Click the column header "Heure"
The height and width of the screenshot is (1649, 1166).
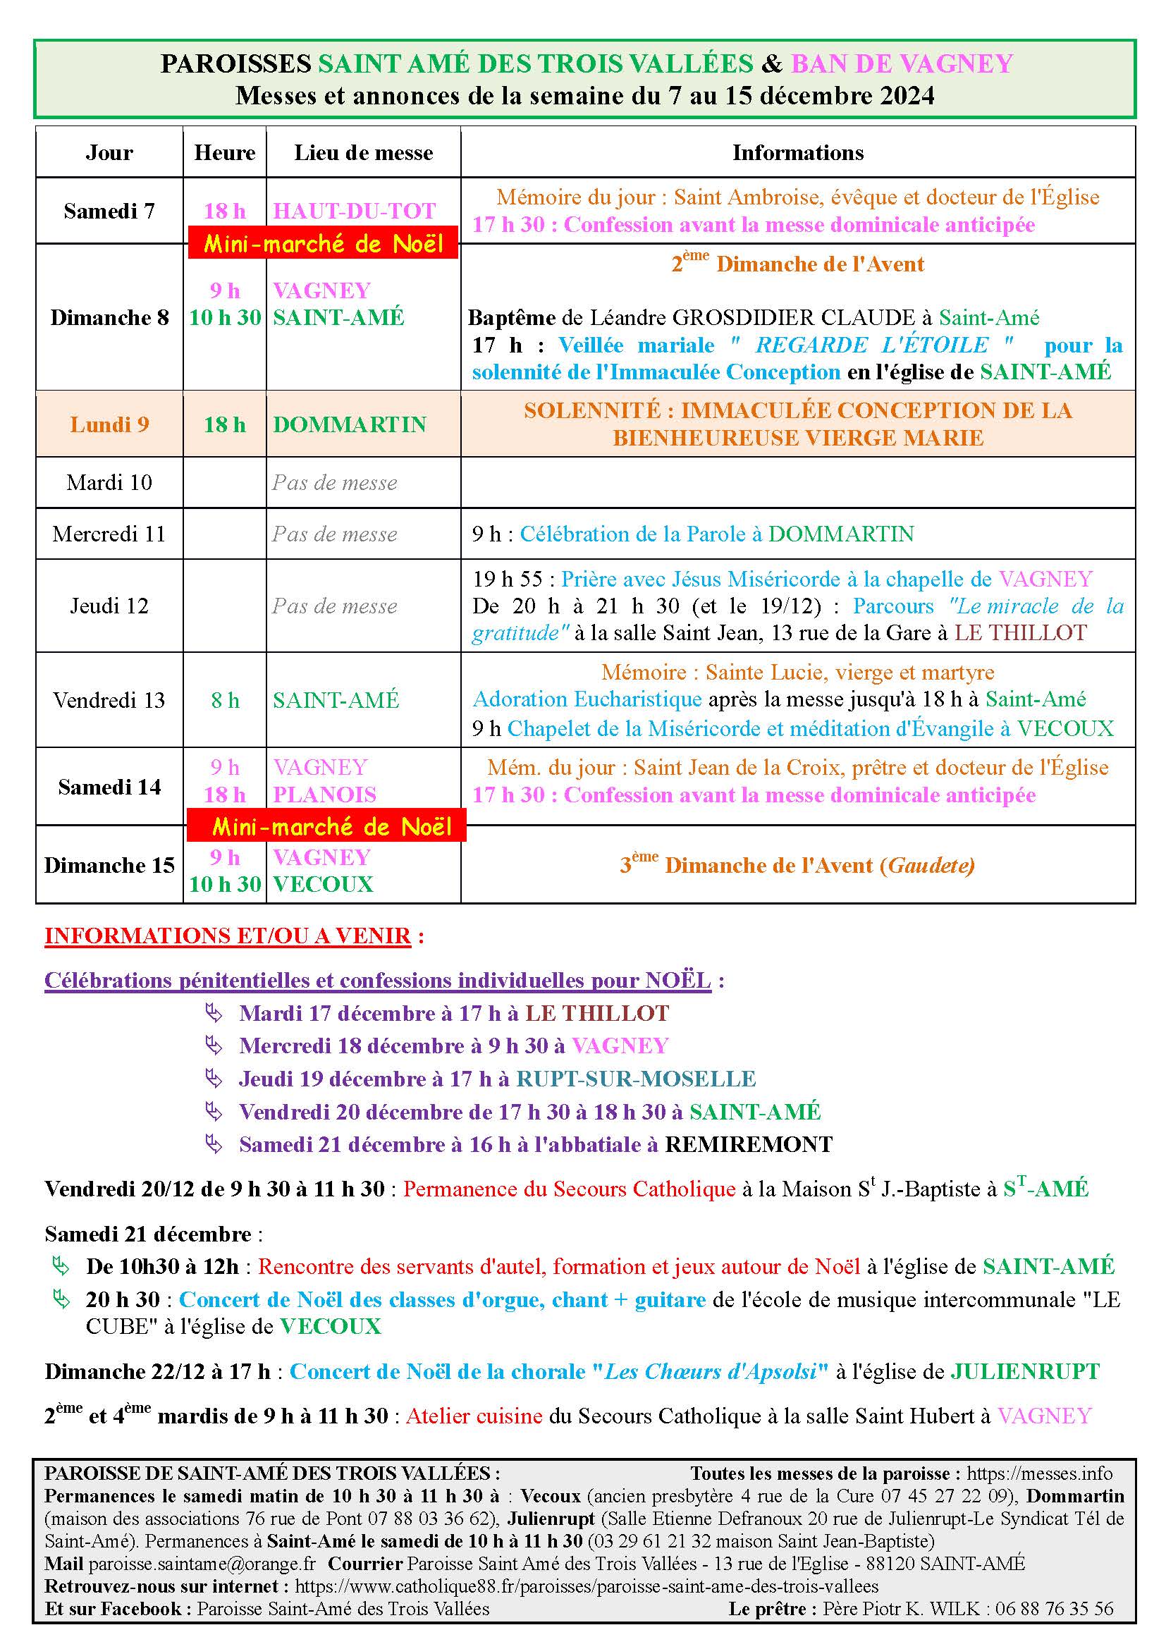click(225, 152)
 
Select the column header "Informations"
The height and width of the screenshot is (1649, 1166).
click(798, 152)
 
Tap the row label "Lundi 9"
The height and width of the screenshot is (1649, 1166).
click(109, 424)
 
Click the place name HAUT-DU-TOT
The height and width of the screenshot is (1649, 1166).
click(354, 212)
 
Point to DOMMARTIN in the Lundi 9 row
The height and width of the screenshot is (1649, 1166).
click(350, 424)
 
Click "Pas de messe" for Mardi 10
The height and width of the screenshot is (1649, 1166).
click(335, 483)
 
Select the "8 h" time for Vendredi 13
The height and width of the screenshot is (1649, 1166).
click(225, 700)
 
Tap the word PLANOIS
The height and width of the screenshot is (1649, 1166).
click(324, 795)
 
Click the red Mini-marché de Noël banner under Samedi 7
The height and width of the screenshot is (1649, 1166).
click(323, 243)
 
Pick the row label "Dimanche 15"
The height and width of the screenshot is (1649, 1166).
click(109, 866)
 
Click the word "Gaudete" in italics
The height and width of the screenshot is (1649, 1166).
click(931, 866)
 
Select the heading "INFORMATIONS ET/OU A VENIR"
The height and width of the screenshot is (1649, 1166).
click(228, 936)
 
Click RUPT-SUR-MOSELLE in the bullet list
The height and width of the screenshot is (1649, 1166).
click(636, 1079)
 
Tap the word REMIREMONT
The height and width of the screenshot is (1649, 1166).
click(749, 1144)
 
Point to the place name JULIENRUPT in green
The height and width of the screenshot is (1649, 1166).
click(1025, 1372)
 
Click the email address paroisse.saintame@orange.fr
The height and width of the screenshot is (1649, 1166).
click(202, 1564)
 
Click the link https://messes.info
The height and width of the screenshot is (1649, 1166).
click(1040, 1473)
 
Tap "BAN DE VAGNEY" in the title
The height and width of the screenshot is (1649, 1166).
click(902, 64)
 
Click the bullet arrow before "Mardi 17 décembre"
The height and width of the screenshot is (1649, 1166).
click(213, 1013)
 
